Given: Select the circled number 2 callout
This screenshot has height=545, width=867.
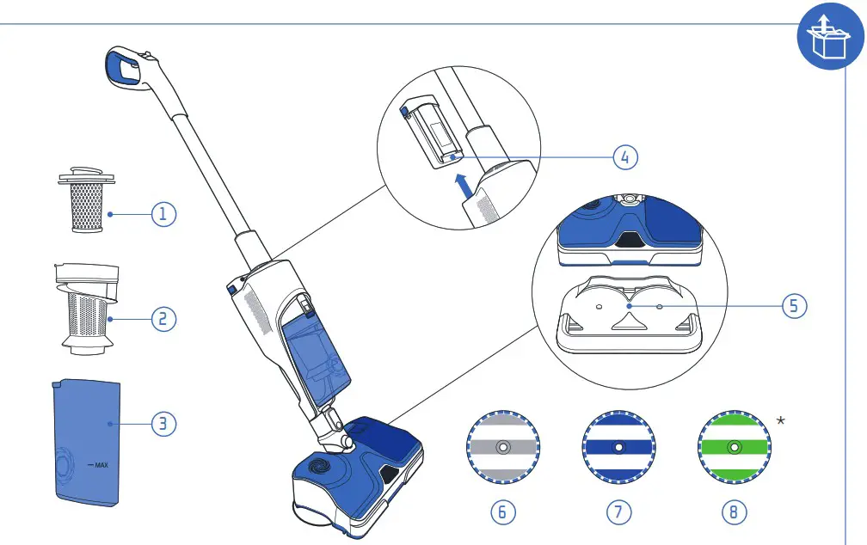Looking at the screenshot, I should click(x=164, y=319).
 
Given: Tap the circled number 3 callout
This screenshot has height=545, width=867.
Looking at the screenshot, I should click(x=164, y=423).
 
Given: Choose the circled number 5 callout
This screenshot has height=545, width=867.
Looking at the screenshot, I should click(x=796, y=305).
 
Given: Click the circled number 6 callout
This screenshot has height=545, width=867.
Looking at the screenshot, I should click(x=503, y=511).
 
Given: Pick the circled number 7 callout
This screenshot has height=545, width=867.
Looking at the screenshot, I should click(x=618, y=511).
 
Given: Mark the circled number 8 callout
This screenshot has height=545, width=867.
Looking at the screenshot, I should click(x=734, y=511).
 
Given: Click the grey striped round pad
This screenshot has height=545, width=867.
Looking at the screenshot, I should click(x=503, y=448).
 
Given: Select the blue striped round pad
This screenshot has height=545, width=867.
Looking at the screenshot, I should click(x=618, y=448).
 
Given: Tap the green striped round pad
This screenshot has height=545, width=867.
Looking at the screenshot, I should click(x=734, y=448).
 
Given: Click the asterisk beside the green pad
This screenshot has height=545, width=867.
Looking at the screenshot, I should click(x=780, y=420).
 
